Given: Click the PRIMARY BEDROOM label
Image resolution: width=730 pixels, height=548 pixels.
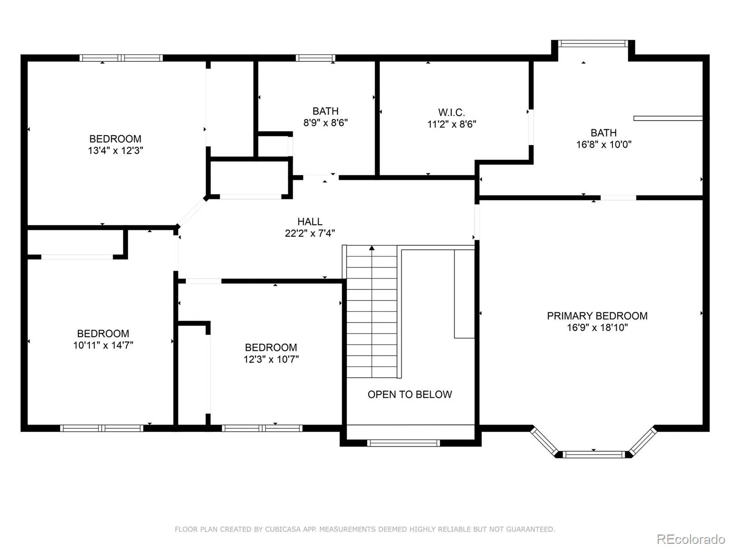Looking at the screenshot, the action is [597, 316].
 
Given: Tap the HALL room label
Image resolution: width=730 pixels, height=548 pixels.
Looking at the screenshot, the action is [310, 221].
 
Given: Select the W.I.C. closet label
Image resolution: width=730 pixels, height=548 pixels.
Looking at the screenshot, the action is [451, 112].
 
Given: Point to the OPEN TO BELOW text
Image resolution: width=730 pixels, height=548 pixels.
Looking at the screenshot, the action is [409, 394].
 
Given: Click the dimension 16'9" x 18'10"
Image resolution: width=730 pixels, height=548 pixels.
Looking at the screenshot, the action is [597, 327].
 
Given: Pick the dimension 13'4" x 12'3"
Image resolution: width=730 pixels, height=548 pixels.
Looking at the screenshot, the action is [115, 150].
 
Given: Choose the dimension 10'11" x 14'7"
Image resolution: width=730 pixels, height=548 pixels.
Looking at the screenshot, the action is [103, 345].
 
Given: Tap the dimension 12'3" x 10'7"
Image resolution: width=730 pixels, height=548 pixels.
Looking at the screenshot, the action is [271, 359].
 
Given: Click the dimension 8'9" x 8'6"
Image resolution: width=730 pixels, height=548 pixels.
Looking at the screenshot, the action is [325, 123].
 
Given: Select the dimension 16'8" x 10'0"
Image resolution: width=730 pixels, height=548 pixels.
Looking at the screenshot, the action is [604, 144].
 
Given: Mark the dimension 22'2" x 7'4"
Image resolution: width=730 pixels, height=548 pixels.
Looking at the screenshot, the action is [310, 233].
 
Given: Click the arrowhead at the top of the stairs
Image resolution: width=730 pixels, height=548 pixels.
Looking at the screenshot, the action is [372, 248].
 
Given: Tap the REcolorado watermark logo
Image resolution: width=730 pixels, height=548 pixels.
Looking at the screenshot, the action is [690, 538].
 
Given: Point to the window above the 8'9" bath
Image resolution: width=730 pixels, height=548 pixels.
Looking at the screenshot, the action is [315, 58].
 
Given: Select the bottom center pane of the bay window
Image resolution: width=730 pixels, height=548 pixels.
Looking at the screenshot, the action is [594, 454].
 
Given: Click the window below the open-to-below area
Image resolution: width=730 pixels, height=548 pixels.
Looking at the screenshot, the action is [403, 443].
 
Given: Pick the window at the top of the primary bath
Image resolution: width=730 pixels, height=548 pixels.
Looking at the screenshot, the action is [593, 43].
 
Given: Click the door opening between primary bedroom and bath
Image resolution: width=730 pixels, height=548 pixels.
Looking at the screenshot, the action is [618, 198].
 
